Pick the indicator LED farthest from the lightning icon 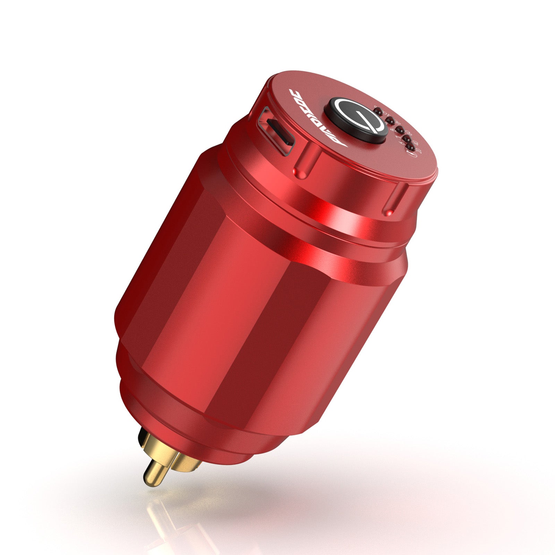point(378,111)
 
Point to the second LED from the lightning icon point(407,139)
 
